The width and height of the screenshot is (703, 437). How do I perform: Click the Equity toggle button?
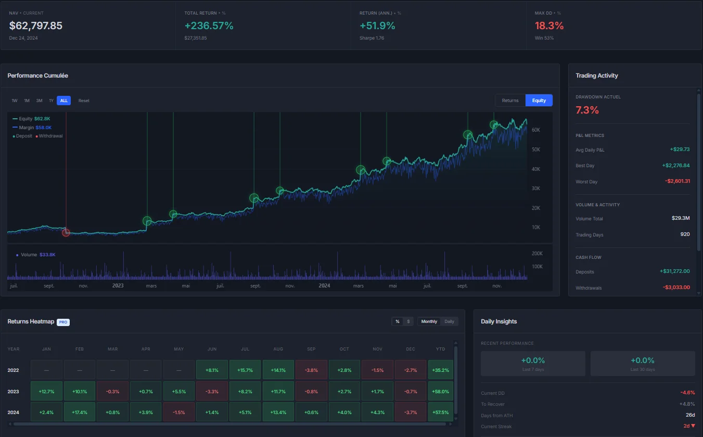pos(539,101)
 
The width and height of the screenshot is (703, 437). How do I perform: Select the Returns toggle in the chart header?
pos(510,101)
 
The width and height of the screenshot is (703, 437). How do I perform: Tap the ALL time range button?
pos(63,101)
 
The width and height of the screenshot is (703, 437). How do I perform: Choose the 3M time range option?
pos(39,101)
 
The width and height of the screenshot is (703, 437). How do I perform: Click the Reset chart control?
pos(84,101)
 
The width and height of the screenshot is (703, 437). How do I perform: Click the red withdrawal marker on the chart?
pos(66,232)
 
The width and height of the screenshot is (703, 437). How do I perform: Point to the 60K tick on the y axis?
pos(535,130)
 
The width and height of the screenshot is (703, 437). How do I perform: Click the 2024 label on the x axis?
pos(324,285)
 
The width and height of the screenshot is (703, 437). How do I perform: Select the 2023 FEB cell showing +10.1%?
pos(79,391)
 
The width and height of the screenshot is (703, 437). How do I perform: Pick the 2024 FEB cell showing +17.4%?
pos(79,412)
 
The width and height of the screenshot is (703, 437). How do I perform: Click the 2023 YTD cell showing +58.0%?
pos(440,391)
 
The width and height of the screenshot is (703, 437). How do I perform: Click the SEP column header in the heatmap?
pos(311,349)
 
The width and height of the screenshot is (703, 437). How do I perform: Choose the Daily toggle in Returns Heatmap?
pos(449,321)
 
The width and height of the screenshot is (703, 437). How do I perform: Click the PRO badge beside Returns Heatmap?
pos(63,322)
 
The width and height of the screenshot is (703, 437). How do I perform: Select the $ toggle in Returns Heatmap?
pos(408,321)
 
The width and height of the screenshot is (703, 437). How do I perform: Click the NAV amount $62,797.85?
pos(36,26)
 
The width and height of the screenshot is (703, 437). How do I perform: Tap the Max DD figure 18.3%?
pos(549,26)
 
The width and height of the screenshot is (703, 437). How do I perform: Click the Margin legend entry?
pos(35,127)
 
